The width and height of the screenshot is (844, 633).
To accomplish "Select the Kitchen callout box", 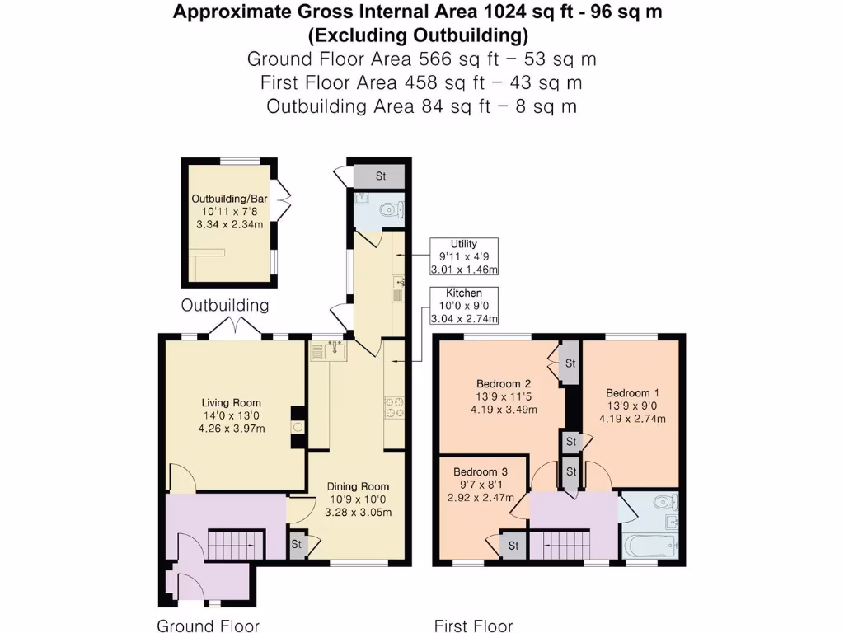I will tap(464, 306).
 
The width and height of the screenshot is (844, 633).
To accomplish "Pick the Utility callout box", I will tap(464, 256).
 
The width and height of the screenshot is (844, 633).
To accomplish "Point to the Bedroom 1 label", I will tap(632, 392).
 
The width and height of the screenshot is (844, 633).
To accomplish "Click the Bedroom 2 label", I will tap(504, 383).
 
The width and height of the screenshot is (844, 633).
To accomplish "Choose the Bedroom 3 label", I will tap(481, 471).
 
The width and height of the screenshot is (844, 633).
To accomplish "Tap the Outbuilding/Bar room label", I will tap(229, 199).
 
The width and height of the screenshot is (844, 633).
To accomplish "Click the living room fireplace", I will tap(298, 427).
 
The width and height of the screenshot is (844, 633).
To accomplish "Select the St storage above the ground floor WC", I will tap(380, 176).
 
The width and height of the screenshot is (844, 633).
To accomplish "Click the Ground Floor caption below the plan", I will tap(208, 626).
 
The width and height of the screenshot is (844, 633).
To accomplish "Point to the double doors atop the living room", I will tap(235, 328).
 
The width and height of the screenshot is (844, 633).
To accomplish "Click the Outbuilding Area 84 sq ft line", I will tap(421, 106).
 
